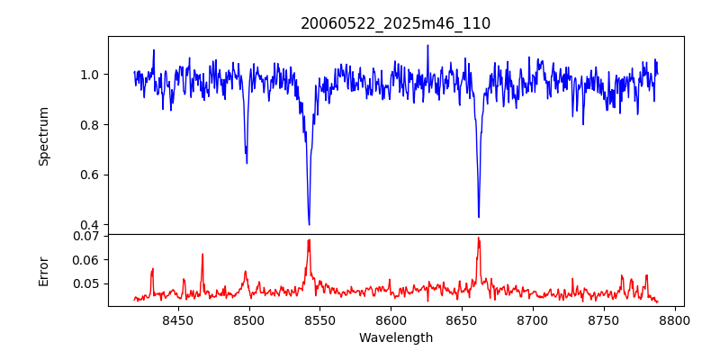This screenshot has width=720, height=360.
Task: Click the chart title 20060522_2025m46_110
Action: pyautogui.click(x=396, y=23)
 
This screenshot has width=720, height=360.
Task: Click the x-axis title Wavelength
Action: pyautogui.click(x=396, y=337)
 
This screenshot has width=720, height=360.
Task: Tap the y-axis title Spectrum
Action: pyautogui.click(x=44, y=136)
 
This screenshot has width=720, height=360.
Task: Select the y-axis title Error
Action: pyautogui.click(x=44, y=271)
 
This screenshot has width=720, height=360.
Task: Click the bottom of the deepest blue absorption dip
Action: pyautogui.click(x=309, y=224)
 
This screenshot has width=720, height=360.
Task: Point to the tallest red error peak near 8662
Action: pyautogui.click(x=479, y=238)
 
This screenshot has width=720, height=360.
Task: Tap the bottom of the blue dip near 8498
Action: pyautogui.click(x=247, y=162)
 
